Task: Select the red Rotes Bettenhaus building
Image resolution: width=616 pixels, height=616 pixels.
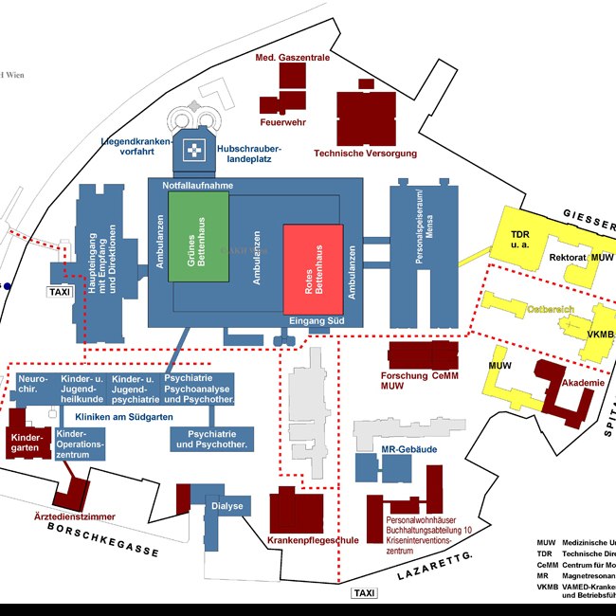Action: point(317,268)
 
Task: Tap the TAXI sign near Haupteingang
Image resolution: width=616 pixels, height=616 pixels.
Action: point(60,293)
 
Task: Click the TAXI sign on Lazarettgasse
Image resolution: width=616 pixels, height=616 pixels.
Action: point(364,593)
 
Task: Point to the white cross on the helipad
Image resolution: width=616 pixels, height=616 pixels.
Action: point(195,151)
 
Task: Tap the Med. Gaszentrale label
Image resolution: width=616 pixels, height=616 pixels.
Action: point(292,59)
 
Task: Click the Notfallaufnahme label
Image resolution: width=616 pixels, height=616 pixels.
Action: point(198,186)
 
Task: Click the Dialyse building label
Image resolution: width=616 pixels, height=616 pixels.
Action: point(227,506)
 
